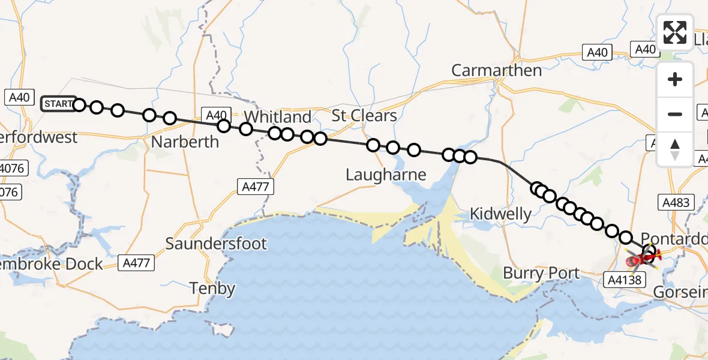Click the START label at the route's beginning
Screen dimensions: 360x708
click(58, 104)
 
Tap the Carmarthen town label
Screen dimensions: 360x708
click(496, 70)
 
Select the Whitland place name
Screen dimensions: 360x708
click(278, 116)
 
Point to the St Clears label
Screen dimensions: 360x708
click(364, 115)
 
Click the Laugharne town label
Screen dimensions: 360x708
click(386, 175)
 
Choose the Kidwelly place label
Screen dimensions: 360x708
click(500, 214)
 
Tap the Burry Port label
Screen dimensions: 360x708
click(541, 274)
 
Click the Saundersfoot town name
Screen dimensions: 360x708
click(216, 244)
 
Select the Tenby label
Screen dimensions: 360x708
click(212, 288)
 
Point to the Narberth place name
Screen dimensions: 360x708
click(185, 142)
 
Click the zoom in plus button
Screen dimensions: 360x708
click(675, 79)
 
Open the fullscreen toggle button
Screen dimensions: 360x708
click(675, 32)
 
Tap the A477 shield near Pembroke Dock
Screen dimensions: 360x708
click(137, 263)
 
